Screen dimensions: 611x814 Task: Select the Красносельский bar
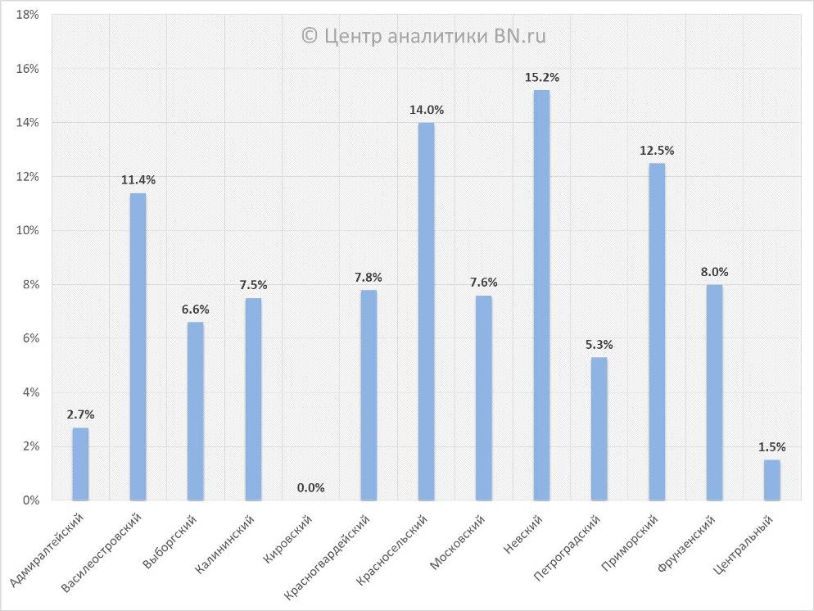426,311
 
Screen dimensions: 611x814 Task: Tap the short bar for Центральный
772,480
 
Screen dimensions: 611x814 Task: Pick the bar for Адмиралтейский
80,464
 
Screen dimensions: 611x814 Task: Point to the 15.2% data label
541,78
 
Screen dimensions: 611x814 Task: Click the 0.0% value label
311,488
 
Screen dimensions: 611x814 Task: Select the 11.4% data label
138,180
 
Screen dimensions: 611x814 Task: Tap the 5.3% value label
599,345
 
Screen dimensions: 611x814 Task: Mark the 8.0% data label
714,272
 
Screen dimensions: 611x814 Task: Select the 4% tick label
29,392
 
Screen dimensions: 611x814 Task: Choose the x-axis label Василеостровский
103,552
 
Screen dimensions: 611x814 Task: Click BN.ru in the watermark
520,36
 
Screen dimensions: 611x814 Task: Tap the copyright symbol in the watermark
310,36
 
